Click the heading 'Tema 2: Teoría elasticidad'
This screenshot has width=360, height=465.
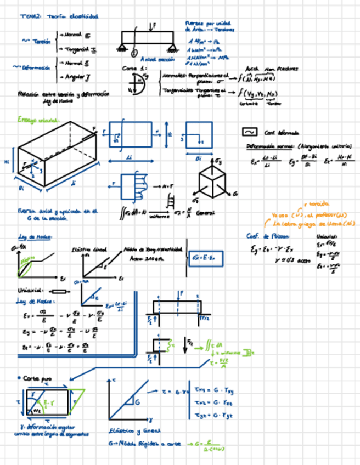click(59, 17)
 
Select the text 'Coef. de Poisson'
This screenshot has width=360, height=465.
click(266, 236)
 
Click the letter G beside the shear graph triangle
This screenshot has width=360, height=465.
click(137, 402)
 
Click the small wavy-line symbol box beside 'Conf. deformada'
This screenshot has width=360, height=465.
click(250, 132)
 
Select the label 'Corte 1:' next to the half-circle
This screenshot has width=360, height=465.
click(131, 69)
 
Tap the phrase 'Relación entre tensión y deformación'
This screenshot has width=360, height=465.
click(64, 94)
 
